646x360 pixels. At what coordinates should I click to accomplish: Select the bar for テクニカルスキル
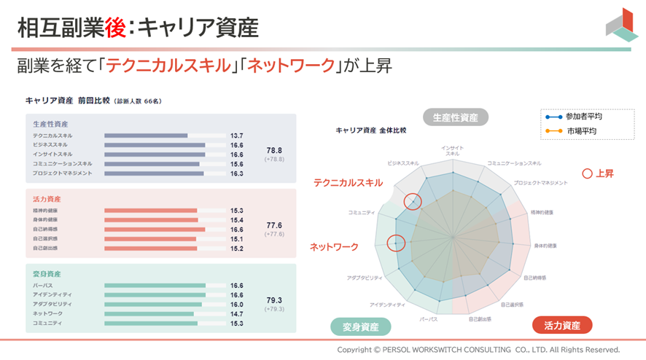pos(146,136)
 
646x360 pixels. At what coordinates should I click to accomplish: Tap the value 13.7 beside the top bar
pos(237,136)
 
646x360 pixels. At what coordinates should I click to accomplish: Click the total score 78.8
pos(274,150)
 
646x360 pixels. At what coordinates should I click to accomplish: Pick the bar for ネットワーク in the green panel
pos(149,314)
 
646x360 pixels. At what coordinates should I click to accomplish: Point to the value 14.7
pos(237,314)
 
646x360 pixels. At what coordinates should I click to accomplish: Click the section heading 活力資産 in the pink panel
pos(47,199)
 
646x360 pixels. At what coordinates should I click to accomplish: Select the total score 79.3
pos(274,300)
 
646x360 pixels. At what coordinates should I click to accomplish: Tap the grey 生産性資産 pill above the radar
pos(456,117)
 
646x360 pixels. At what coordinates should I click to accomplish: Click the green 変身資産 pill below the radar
pos(360,326)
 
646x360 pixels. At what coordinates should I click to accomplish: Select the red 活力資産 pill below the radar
pos(561,326)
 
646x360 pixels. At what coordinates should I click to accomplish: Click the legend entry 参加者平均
pos(583,117)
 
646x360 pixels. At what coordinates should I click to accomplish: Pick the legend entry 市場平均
pos(581,131)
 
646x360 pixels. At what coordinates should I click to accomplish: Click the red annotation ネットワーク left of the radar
pos(334,247)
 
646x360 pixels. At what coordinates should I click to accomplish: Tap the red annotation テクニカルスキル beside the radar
pos(348,183)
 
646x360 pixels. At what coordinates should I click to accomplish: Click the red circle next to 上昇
pos(587,173)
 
